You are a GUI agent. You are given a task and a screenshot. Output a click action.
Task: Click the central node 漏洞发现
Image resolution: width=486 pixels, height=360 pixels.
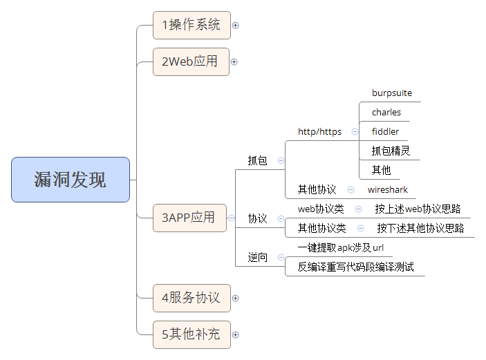71,180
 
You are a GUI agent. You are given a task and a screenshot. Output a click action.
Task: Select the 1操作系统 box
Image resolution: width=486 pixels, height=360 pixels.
191,25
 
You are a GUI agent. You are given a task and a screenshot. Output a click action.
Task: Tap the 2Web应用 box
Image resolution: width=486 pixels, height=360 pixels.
191,61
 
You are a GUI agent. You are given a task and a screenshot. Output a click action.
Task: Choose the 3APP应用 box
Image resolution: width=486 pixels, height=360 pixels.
189,218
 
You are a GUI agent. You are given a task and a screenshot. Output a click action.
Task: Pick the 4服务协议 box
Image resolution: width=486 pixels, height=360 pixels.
191,298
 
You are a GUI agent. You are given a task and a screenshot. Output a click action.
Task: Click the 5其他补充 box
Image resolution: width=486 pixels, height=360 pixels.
191,334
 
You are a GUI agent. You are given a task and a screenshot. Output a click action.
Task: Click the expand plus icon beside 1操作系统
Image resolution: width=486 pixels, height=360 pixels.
235,26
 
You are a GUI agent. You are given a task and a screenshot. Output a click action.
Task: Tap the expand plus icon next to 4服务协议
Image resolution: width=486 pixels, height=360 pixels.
235,299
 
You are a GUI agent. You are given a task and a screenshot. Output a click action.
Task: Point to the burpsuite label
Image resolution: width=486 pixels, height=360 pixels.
392,93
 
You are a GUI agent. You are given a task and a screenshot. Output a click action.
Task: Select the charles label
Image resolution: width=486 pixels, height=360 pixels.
386,112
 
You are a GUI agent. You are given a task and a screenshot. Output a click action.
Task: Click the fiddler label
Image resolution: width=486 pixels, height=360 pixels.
385,131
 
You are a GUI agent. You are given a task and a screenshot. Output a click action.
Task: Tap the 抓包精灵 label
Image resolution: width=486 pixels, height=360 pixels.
391,151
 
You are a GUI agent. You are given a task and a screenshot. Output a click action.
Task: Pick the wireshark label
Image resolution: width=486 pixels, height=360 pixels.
388,189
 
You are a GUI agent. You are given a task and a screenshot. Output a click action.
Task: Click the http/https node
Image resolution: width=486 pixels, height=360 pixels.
319,131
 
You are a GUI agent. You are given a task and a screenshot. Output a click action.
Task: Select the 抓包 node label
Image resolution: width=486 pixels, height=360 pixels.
257,160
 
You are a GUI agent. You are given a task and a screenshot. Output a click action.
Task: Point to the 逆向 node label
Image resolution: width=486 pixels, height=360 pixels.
257,257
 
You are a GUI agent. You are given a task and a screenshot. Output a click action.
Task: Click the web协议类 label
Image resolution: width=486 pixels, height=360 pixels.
321,209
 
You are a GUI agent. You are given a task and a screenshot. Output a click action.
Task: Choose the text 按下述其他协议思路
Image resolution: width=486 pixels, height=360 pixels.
420,228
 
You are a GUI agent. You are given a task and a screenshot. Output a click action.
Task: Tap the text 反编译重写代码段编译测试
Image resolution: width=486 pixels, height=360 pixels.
355,267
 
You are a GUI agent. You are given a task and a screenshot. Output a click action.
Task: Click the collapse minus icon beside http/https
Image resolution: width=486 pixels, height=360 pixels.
355,131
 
